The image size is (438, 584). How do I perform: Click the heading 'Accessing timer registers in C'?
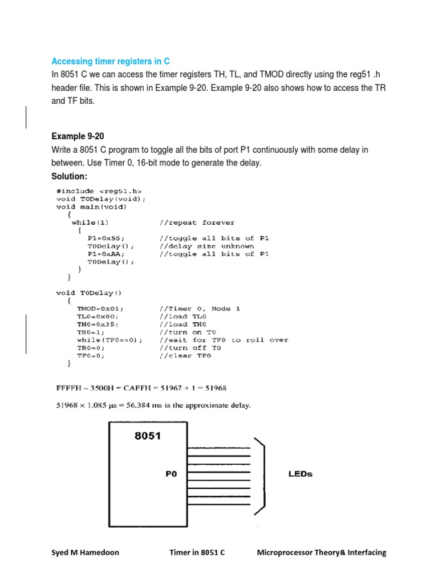pyautogui.click(x=111, y=61)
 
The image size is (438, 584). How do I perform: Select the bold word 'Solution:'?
pyautogui.click(x=70, y=177)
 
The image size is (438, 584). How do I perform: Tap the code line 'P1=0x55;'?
pyautogui.click(x=106, y=238)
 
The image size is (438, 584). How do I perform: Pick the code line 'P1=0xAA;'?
pyautogui.click(x=106, y=254)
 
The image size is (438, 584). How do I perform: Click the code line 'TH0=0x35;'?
pyautogui.click(x=100, y=324)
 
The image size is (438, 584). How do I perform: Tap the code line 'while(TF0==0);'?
pyautogui.click(x=110, y=340)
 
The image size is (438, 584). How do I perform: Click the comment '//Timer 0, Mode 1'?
pyautogui.click(x=200, y=309)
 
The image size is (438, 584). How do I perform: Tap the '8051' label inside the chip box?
pyautogui.click(x=148, y=436)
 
